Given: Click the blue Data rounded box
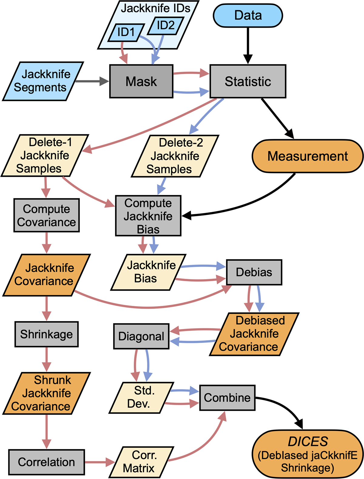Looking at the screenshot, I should click(x=248, y=15).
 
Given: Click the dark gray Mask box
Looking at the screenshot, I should click(x=141, y=81).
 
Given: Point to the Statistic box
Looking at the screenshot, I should click(x=248, y=81).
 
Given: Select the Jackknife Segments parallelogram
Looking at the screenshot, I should click(x=43, y=81).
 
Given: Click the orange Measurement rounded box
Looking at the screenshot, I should click(x=308, y=156).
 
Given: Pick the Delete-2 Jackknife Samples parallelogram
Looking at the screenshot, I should click(x=175, y=156).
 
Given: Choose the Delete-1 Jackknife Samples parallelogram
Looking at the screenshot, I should click(x=45, y=155).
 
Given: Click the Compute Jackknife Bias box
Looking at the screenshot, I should click(x=148, y=216).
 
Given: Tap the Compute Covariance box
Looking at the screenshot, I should click(x=46, y=215).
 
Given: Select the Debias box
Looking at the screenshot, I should click(x=254, y=272).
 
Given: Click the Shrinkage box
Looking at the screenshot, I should click(x=46, y=334).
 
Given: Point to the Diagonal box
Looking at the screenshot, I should click(x=141, y=336).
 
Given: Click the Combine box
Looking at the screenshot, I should click(x=227, y=398).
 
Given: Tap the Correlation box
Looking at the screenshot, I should click(x=46, y=462).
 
